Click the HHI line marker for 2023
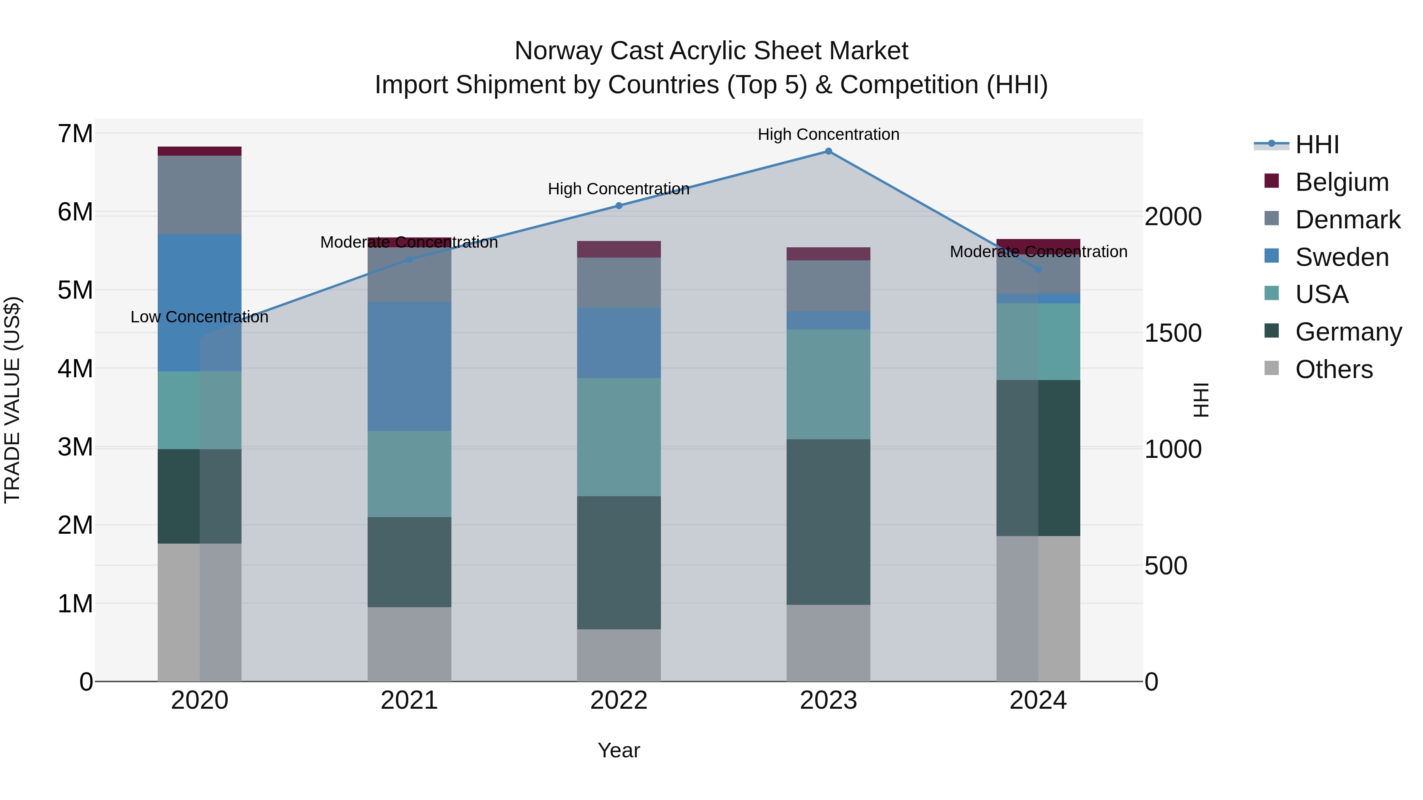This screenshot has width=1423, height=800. click(x=828, y=151)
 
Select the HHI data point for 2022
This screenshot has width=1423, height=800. click(x=619, y=206)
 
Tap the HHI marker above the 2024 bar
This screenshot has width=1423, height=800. click(x=1038, y=269)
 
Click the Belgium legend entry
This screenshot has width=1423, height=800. click(x=1341, y=182)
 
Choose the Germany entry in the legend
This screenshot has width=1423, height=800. click(x=1348, y=332)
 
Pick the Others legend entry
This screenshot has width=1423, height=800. click(x=1334, y=369)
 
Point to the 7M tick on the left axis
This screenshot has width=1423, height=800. click(x=75, y=134)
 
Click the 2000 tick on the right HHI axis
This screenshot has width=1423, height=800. click(x=1173, y=216)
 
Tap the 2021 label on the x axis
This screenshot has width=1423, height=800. click(x=410, y=700)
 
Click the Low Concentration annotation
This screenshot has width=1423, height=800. click(x=200, y=317)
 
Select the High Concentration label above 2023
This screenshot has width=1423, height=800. click(x=828, y=134)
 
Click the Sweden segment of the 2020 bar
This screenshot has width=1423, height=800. click(x=200, y=303)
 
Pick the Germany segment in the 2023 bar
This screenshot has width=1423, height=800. click(x=828, y=522)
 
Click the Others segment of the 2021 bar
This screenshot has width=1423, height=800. click(x=410, y=644)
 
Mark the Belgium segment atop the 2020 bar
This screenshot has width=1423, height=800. click(x=200, y=151)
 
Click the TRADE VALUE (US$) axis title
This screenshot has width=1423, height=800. click(x=12, y=400)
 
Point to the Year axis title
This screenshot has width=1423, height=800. click(x=619, y=750)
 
